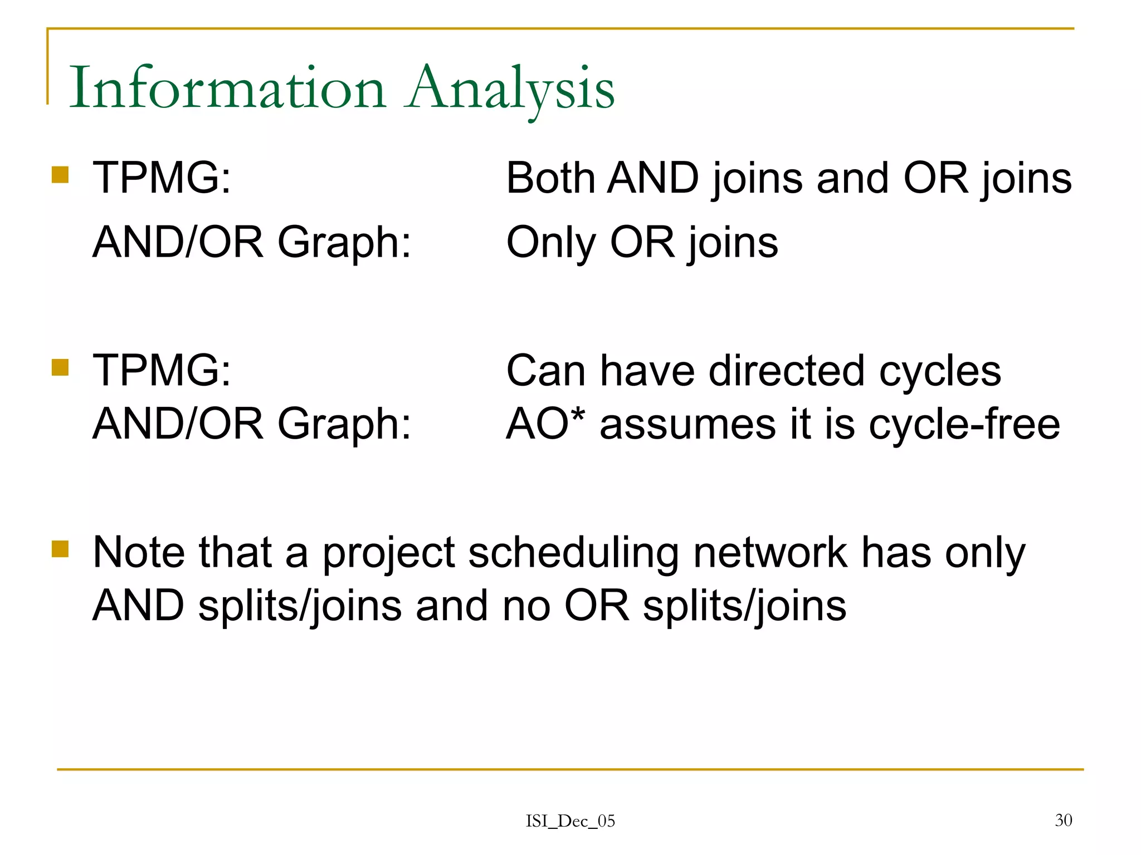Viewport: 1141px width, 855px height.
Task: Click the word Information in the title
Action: (227, 88)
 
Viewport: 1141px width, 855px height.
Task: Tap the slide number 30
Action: (1063, 820)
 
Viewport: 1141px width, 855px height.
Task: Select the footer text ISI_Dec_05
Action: (570, 821)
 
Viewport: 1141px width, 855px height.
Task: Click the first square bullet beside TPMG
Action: (60, 175)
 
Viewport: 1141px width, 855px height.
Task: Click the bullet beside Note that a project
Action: (60, 549)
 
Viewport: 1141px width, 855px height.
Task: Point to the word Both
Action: (550, 178)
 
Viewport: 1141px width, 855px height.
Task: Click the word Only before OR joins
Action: (550, 243)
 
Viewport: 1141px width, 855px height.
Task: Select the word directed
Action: (787, 371)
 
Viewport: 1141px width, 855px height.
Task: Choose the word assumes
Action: (687, 424)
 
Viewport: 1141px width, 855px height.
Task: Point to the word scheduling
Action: (573, 553)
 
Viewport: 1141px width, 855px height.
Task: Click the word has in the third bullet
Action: (896, 552)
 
